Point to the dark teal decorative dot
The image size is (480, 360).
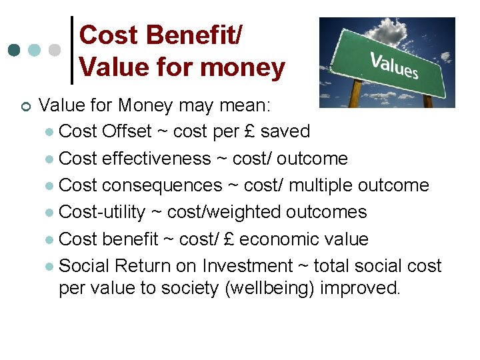coord(15,51)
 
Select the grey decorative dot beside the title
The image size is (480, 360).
coord(55,51)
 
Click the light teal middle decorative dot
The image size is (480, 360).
coord(35,51)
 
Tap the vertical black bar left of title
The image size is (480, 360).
coord(72,51)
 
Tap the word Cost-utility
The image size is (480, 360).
coord(102,212)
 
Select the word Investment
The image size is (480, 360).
coord(247,266)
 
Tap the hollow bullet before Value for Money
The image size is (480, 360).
coord(23,106)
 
